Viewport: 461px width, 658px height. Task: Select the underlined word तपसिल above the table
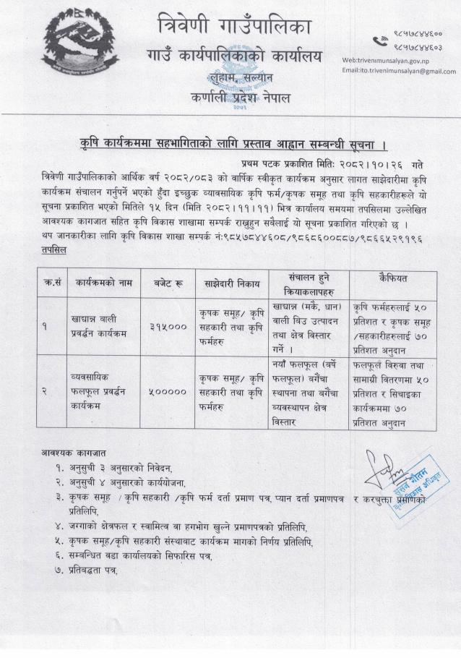tap(54, 248)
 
